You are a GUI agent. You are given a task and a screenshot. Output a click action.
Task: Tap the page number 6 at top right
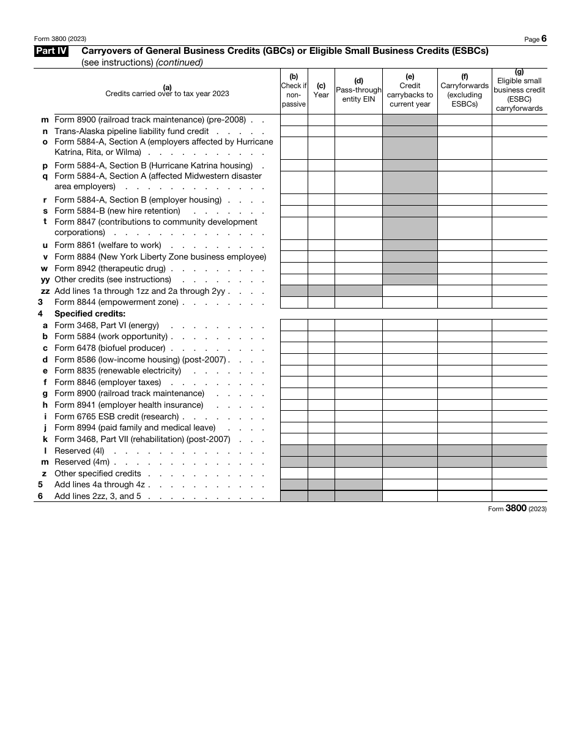[x=544, y=39]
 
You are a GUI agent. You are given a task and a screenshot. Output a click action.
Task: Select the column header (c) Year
[x=321, y=91]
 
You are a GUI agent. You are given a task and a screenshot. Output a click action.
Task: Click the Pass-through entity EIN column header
[x=358, y=90]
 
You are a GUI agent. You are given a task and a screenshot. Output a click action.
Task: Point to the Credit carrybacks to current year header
[x=410, y=91]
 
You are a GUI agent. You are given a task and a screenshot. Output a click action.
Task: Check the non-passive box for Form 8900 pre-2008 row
[x=294, y=120]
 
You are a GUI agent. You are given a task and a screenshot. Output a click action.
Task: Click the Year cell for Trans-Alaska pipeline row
[x=321, y=131]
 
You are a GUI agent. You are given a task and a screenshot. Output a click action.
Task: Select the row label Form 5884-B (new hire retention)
[x=117, y=211]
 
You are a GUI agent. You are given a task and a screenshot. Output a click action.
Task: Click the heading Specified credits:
[x=90, y=314]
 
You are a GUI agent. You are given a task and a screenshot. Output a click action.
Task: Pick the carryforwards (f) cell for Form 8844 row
[x=464, y=302]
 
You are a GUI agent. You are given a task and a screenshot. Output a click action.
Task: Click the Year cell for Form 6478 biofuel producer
[x=321, y=348]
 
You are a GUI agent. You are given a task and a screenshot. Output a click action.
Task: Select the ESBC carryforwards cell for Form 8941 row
[x=519, y=405]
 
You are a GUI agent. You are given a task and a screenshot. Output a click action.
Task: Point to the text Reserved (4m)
[x=81, y=462]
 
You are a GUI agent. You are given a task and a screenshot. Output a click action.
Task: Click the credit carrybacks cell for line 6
[x=410, y=496]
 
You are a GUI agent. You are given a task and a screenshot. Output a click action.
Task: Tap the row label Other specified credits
[x=98, y=474]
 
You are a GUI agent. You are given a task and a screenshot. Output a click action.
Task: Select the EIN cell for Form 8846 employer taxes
[x=358, y=383]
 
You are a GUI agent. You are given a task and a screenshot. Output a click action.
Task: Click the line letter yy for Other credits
[x=45, y=280]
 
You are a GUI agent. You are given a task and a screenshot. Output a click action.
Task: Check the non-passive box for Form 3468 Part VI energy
[x=294, y=326]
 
